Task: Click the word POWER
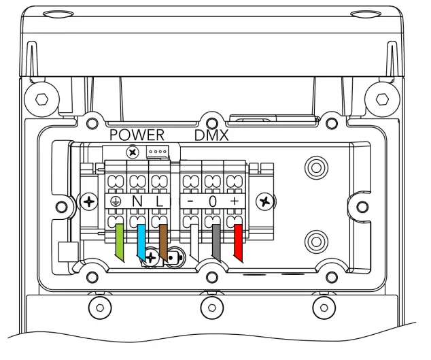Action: coord(137,135)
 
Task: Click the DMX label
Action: coord(211,135)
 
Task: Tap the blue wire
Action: coord(141,240)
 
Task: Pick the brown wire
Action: coord(163,240)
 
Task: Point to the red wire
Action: coord(238,242)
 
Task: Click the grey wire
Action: coord(216,242)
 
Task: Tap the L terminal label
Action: coord(158,202)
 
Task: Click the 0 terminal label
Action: coord(212,202)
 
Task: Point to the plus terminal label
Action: coord(235,202)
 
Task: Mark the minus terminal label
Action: coord(190,202)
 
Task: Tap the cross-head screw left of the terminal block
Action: coord(88,202)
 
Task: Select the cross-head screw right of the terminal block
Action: coord(266,201)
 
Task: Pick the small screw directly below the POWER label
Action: coord(133,151)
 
